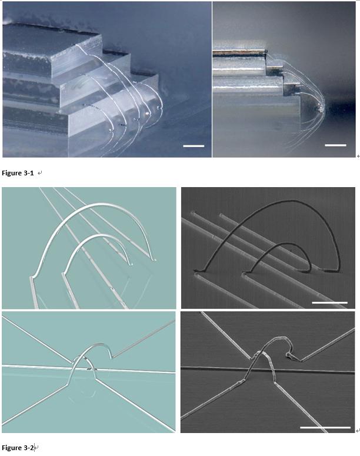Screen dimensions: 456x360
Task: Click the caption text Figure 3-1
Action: coord(18,173)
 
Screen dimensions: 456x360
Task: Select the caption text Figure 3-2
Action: coord(18,448)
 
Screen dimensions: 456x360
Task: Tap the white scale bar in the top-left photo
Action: coord(194,145)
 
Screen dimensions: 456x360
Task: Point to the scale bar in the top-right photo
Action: coord(335,145)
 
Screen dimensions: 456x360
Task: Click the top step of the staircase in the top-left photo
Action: coord(47,41)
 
